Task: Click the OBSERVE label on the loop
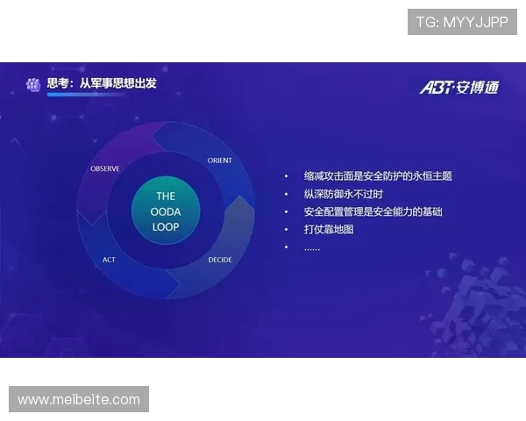point(105,168)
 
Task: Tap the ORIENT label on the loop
point(219,161)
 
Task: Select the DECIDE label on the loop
point(220,260)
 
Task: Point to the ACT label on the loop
point(109,260)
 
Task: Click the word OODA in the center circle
point(166,211)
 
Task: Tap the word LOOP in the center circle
point(166,226)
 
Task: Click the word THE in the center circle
point(166,196)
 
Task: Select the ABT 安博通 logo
point(458,88)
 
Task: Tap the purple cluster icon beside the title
point(33,84)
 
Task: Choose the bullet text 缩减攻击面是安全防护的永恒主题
point(378,176)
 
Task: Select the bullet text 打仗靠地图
point(329,230)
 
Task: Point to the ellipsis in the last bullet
point(312,248)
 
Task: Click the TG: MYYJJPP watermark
point(462,22)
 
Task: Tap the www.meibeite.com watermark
point(79,399)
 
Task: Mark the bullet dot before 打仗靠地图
point(286,230)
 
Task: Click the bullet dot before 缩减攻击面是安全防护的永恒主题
point(286,176)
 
